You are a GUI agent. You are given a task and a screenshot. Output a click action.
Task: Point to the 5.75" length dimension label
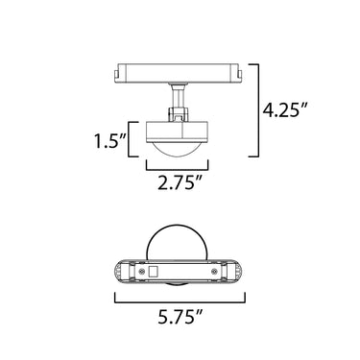click(180, 317)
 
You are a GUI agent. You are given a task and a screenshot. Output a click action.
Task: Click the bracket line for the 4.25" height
click(257, 110)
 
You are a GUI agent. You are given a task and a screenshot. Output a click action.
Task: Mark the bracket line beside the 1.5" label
click(130, 139)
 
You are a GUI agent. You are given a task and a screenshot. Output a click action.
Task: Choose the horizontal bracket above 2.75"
click(178, 169)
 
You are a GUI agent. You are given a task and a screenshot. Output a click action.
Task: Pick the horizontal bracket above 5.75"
click(180, 301)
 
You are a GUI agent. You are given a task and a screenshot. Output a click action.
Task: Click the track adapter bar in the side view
click(178, 73)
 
